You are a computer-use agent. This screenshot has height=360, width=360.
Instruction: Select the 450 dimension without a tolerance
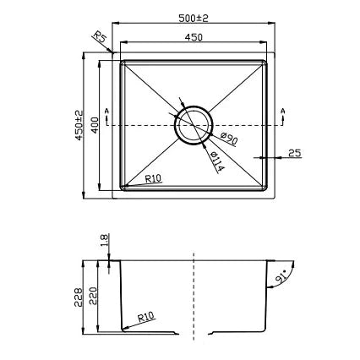click(193, 37)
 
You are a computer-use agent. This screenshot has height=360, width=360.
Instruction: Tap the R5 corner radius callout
click(99, 38)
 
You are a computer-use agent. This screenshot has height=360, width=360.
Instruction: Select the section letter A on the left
click(106, 112)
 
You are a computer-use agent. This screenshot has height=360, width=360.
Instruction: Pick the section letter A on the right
click(283, 112)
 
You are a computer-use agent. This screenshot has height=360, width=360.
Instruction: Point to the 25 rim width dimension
click(293, 152)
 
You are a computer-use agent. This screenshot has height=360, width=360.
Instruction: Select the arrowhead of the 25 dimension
click(260, 158)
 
